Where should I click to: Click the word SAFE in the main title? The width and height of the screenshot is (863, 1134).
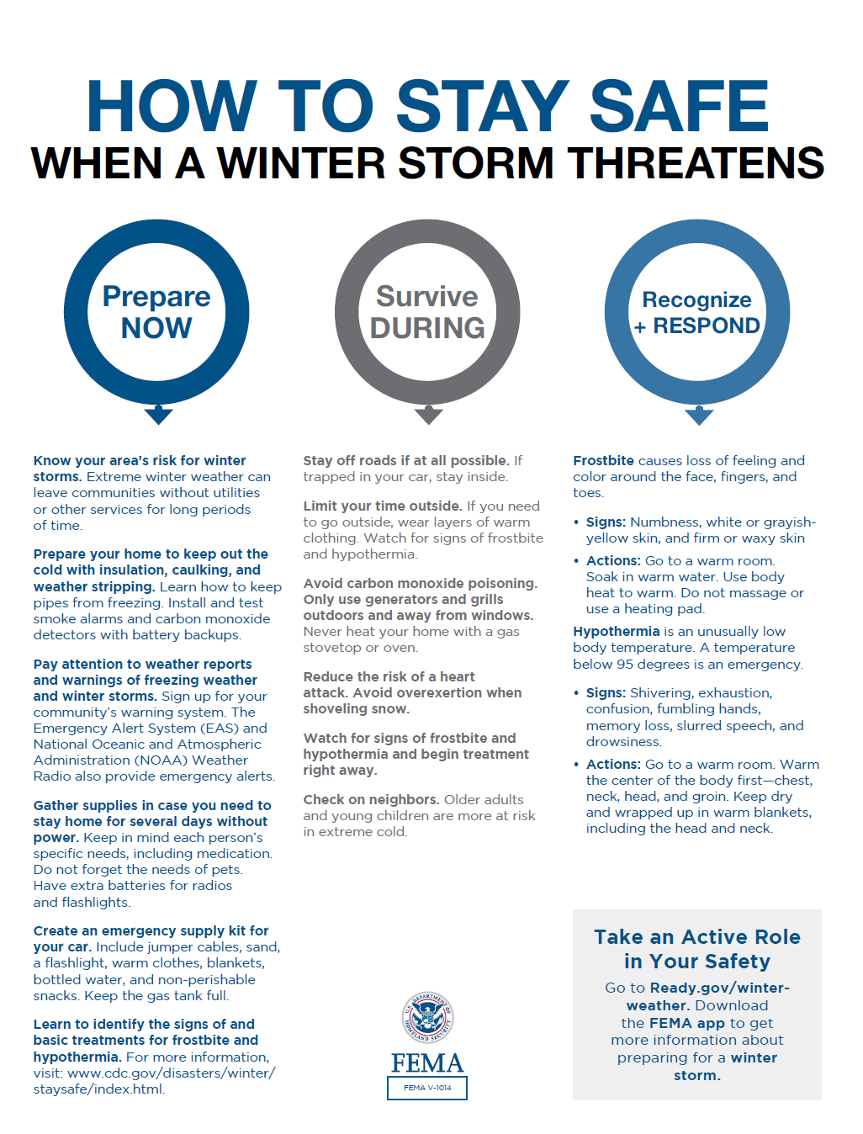pyautogui.click(x=679, y=107)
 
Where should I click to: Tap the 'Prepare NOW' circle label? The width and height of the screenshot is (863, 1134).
pyautogui.click(x=156, y=312)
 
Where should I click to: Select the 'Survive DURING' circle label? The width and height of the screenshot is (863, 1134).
pyautogui.click(x=427, y=312)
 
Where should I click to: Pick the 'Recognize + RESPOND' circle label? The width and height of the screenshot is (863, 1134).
pyautogui.click(x=697, y=313)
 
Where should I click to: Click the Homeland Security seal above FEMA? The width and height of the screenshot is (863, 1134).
pyautogui.click(x=427, y=1019)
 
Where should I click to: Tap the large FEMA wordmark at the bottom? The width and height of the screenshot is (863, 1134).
pyautogui.click(x=427, y=1063)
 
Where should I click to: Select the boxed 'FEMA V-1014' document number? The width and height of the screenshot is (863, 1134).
pyautogui.click(x=427, y=1088)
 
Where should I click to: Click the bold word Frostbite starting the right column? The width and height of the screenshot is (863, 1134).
pyautogui.click(x=603, y=461)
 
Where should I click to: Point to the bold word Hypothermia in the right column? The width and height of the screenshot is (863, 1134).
pyautogui.click(x=616, y=632)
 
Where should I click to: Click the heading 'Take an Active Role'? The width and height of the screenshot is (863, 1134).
pyautogui.click(x=697, y=937)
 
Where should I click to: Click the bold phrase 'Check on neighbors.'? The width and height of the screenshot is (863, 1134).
pyautogui.click(x=371, y=800)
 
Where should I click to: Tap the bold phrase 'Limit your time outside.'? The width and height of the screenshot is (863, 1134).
pyautogui.click(x=383, y=506)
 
